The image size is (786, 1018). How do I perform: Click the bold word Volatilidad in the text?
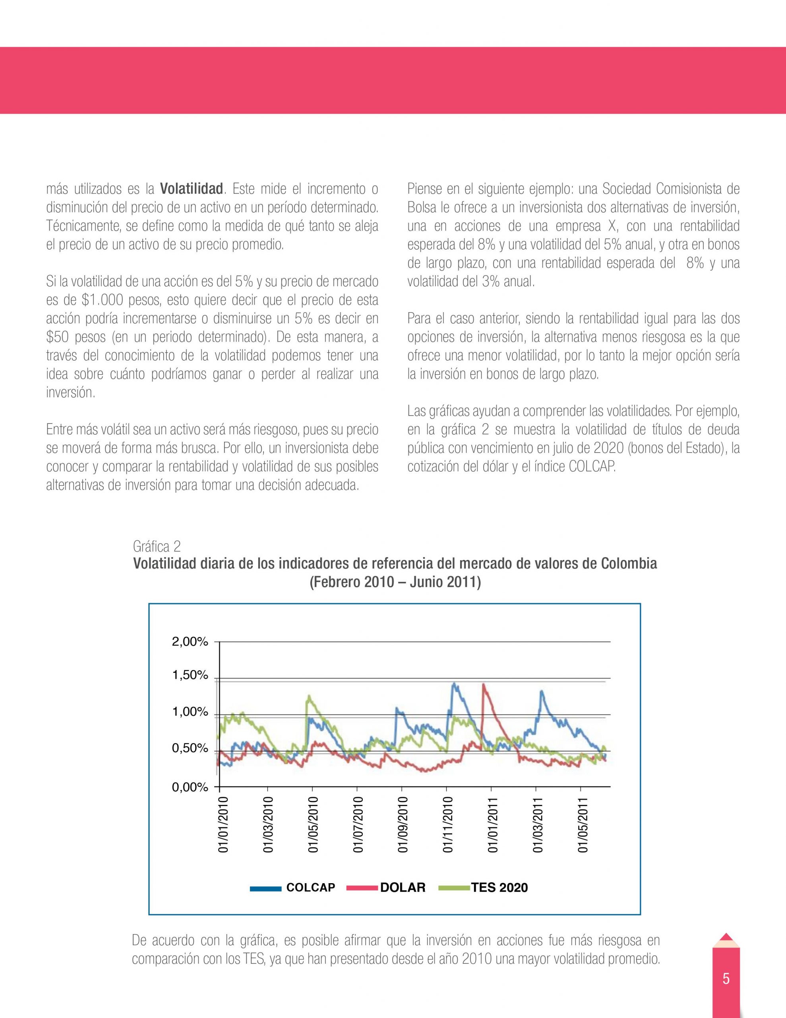pyautogui.click(x=191, y=189)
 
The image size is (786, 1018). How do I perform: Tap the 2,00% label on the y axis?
pyautogui.click(x=190, y=642)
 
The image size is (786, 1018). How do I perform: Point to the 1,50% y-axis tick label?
pyautogui.click(x=190, y=675)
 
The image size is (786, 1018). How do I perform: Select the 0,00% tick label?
pyautogui.click(x=190, y=787)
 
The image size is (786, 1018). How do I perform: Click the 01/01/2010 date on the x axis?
pyautogui.click(x=224, y=825)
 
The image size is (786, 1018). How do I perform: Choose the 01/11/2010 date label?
pyautogui.click(x=448, y=825)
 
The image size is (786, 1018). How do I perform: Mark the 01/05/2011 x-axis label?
pyautogui.click(x=583, y=825)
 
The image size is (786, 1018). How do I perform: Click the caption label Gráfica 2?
pyautogui.click(x=157, y=546)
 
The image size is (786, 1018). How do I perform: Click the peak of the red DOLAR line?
pyautogui.click(x=484, y=685)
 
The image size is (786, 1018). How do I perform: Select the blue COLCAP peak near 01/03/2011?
pyautogui.click(x=541, y=692)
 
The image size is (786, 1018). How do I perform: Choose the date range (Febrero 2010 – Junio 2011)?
pyautogui.click(x=395, y=583)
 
